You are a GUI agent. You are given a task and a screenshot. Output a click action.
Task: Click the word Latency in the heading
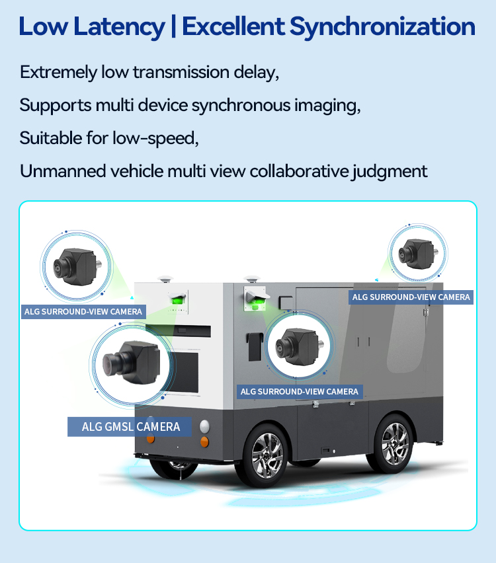[119, 27]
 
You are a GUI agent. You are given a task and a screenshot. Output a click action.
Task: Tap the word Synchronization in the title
[382, 27]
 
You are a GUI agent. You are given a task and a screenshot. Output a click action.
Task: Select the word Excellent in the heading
[233, 26]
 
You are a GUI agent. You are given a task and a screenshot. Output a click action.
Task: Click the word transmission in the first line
[181, 72]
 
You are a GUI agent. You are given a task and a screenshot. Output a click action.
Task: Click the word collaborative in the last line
[299, 171]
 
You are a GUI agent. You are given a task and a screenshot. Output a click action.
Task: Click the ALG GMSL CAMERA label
[130, 427]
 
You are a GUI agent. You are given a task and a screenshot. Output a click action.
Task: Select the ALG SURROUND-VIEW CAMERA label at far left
[83, 312]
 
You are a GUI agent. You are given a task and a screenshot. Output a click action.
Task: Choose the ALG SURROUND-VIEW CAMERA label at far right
[411, 297]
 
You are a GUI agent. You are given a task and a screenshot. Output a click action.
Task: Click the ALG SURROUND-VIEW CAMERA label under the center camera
[300, 391]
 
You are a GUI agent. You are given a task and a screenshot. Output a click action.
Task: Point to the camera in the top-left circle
[77, 266]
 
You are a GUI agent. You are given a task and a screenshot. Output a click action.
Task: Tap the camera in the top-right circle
[418, 254]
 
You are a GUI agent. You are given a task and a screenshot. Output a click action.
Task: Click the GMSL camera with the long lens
[132, 363]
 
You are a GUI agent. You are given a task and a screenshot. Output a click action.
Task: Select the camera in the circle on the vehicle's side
[300, 346]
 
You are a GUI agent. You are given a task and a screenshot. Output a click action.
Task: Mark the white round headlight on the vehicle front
[204, 426]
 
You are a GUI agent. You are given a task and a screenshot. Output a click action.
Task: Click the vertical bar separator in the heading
[173, 26]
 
